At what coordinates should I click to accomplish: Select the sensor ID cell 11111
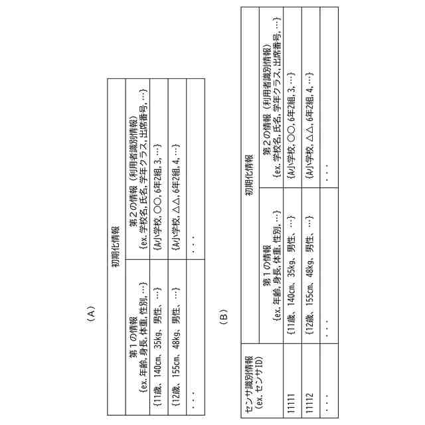(291, 398)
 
